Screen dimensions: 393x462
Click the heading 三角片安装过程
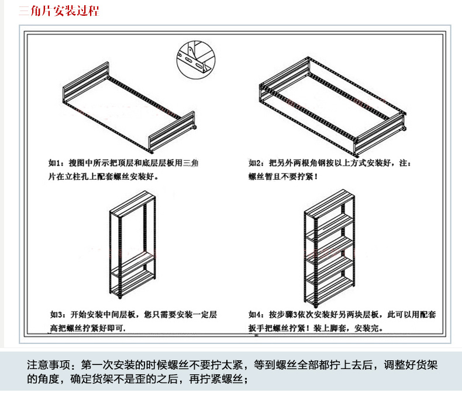(x=58, y=11)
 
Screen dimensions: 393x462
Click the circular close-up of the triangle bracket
(x=193, y=58)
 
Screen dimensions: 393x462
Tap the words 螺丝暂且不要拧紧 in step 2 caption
(x=281, y=176)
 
